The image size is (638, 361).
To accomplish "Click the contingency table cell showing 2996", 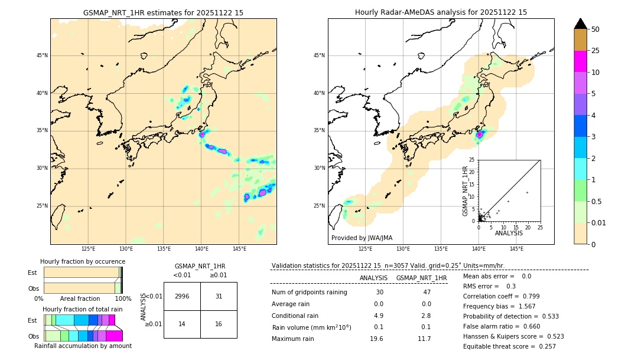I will point(182,296).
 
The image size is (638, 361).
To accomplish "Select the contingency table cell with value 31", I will point(219,296).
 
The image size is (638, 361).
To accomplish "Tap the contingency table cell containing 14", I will point(182,324).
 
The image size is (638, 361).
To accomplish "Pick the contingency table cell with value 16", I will point(219,324).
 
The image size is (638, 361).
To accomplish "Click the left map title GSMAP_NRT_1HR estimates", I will point(163,12).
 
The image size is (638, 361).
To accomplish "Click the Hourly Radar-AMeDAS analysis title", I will point(441,12).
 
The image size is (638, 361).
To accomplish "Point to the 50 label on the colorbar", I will point(595,29).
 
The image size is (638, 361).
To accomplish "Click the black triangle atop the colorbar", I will point(581,24).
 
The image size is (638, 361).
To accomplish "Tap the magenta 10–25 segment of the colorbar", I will point(581,61).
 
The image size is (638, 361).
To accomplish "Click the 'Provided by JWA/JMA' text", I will point(362,238).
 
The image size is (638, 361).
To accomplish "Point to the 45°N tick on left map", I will point(42,55).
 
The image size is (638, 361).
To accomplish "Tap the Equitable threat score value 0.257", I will point(546,346).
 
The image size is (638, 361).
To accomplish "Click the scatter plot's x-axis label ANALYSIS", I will point(509,233).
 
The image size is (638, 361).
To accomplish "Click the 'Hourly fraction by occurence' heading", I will point(83,261).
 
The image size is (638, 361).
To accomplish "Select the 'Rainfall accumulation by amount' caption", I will point(83,346).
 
